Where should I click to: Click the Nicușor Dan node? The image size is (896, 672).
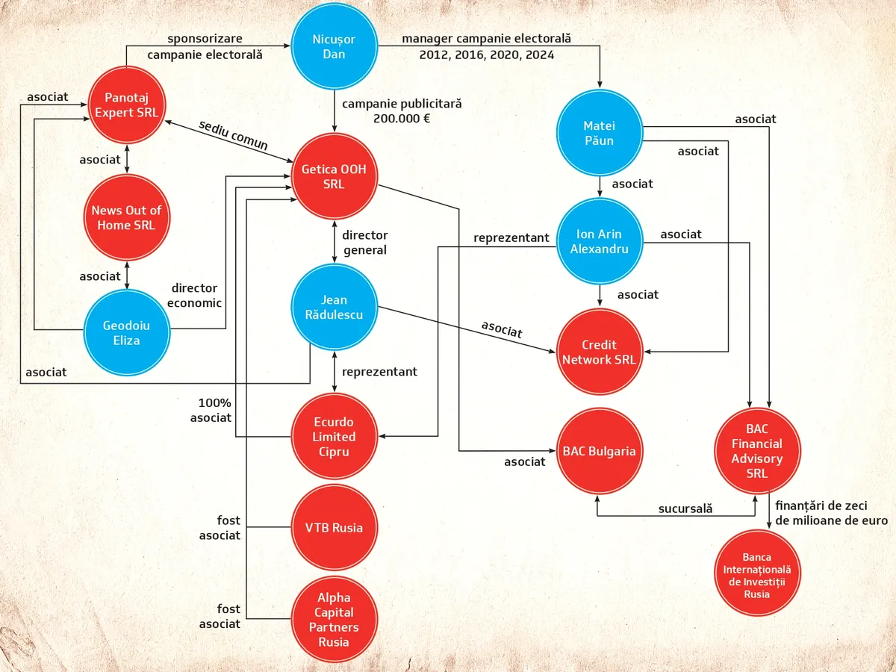[x=334, y=47]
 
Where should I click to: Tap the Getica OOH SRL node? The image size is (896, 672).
[x=334, y=177]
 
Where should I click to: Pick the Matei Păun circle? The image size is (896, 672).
[x=600, y=133]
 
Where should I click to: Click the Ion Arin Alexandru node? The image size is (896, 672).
[x=599, y=240]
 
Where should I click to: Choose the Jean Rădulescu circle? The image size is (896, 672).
[x=334, y=307]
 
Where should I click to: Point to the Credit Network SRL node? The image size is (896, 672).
[x=599, y=352]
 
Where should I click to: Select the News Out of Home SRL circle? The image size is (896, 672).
[x=126, y=217]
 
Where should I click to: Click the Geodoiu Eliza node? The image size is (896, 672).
[x=126, y=332]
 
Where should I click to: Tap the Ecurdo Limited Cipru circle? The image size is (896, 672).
[x=334, y=437]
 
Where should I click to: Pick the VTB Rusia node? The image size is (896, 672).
[x=334, y=528]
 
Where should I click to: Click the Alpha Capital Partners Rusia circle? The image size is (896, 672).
[x=334, y=620]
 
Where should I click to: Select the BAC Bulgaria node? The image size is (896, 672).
[x=599, y=451]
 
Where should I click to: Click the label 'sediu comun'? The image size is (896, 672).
[x=233, y=136]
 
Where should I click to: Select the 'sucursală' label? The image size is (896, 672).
[x=685, y=508]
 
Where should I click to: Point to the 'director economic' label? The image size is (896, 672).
[x=194, y=295]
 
